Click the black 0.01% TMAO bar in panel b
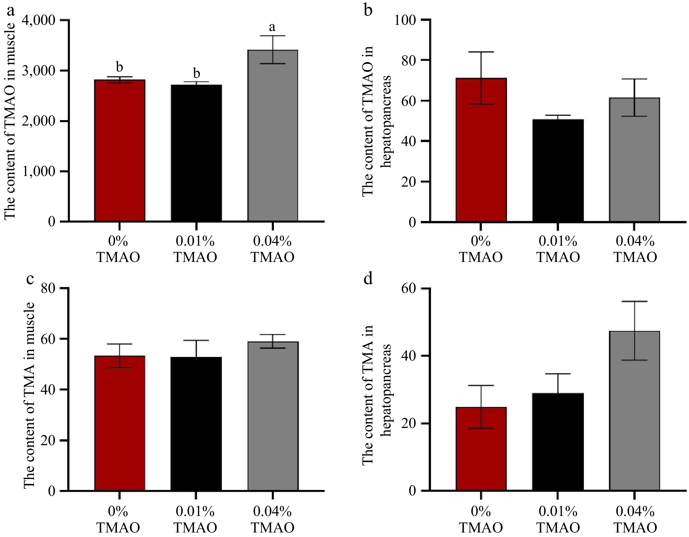tap(558, 170)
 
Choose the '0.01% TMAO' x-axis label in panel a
tap(196, 249)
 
